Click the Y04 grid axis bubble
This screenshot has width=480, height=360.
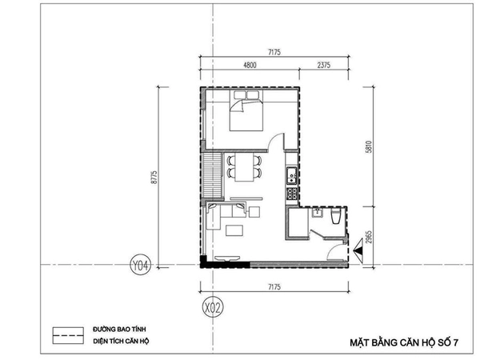pos(141,266)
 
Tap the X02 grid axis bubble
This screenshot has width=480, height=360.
pos(213,308)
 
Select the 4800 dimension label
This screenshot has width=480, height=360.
pos(250,66)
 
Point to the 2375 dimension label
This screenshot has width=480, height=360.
pos(323,66)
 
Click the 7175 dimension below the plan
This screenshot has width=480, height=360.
pos(274,287)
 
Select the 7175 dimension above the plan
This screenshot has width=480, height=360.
pos(274,52)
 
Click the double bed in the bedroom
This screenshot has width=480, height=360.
pos(246,111)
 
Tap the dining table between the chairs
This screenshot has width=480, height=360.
pos(244,167)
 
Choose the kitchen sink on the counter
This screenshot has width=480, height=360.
pos(292,175)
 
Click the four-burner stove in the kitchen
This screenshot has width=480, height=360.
pos(292,194)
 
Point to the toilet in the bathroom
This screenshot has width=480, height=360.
pos(336,217)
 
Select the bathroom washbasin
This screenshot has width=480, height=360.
pos(317,213)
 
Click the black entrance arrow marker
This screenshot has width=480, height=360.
pos(358,250)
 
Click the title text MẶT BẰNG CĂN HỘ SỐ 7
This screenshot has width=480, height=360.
pos(404,342)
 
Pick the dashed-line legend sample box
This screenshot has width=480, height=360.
pos(68,335)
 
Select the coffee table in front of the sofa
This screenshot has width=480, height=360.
pos(234,230)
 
